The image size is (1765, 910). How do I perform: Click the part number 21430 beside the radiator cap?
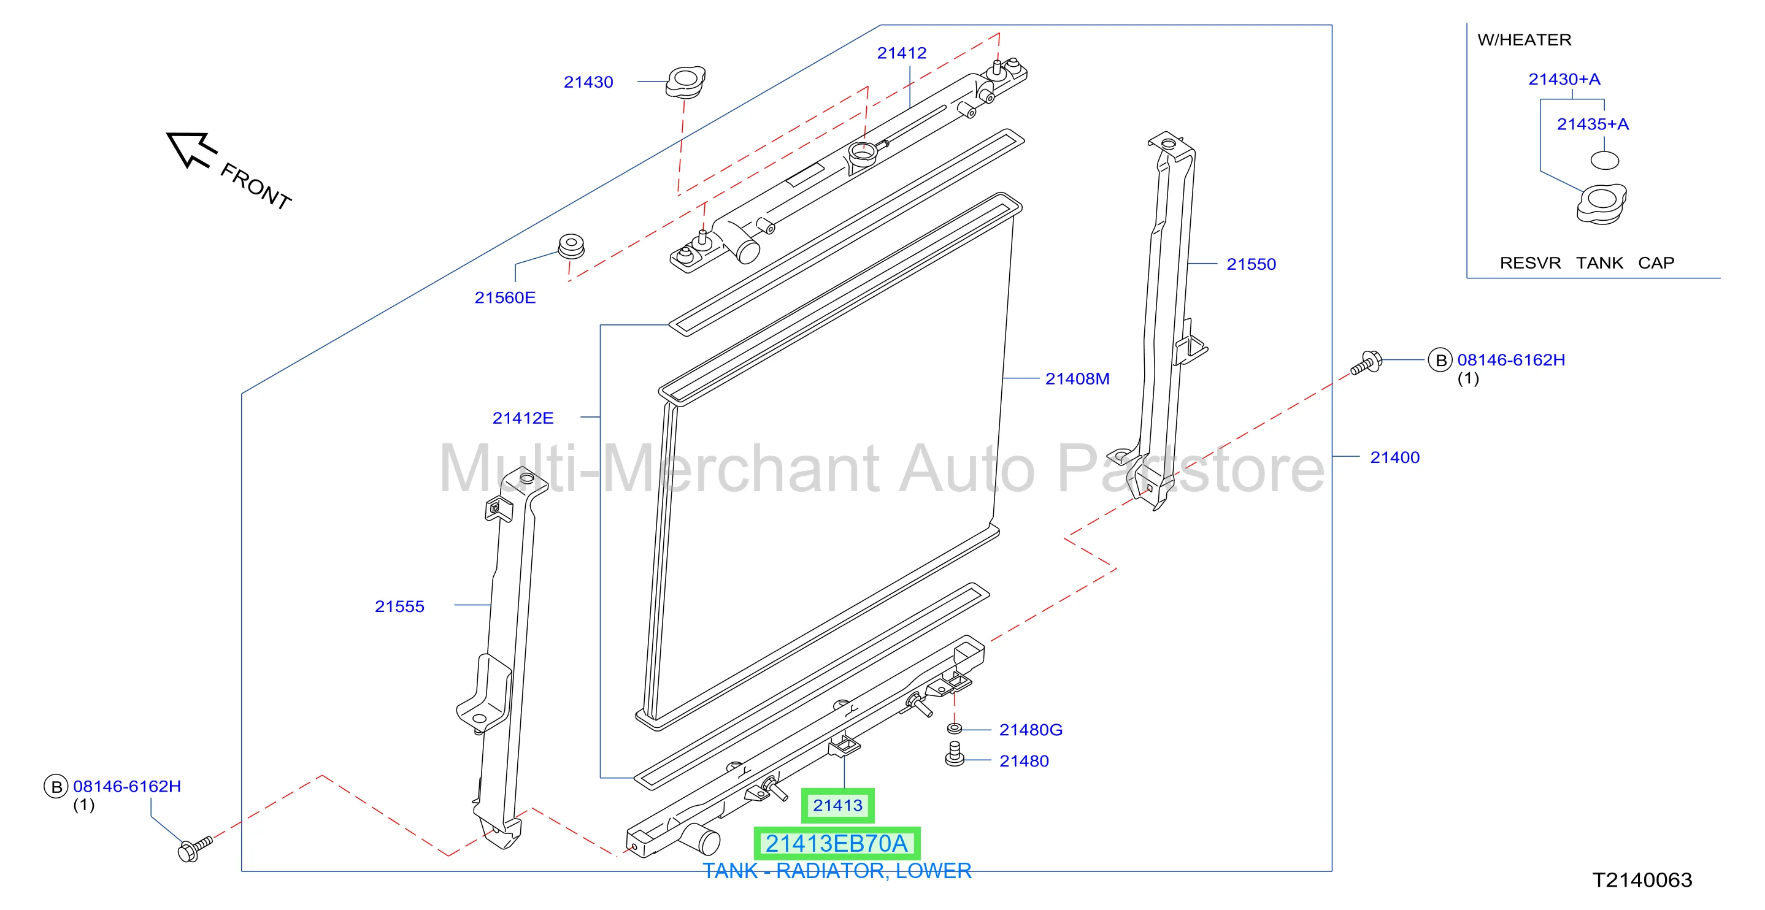pyautogui.click(x=588, y=82)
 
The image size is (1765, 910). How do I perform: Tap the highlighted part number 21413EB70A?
pyautogui.click(x=837, y=844)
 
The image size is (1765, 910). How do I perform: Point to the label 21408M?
pyautogui.click(x=1077, y=378)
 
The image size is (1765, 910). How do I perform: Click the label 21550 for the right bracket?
pyautogui.click(x=1251, y=264)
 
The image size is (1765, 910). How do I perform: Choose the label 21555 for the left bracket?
pyautogui.click(x=399, y=606)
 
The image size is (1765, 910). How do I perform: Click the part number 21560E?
pyautogui.click(x=505, y=298)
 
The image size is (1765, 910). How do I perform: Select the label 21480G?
pyautogui.click(x=1031, y=730)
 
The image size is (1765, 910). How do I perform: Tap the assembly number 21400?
pyautogui.click(x=1394, y=457)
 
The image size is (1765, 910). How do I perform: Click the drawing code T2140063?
pyautogui.click(x=1642, y=880)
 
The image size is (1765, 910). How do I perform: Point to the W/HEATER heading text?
pyautogui.click(x=1524, y=40)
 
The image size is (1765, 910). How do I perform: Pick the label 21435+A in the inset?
pyautogui.click(x=1593, y=124)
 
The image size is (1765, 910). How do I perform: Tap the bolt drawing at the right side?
pyautogui.click(x=1366, y=363)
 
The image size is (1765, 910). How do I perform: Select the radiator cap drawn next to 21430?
pyautogui.click(x=685, y=82)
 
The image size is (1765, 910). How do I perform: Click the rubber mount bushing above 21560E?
pyautogui.click(x=571, y=247)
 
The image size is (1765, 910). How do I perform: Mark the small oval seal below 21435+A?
pyautogui.click(x=1604, y=161)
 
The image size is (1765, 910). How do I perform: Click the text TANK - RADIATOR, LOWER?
pyautogui.click(x=837, y=871)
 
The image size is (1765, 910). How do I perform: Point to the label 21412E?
pyautogui.click(x=523, y=418)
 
